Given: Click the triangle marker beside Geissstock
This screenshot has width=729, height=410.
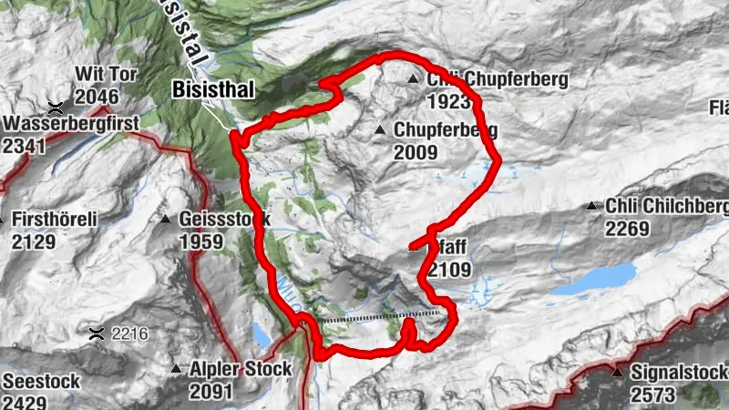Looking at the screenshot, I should point(166,220).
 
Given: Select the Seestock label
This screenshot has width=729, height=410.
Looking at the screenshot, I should point(42,381).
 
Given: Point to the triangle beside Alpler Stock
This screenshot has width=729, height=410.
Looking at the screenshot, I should point(177,370).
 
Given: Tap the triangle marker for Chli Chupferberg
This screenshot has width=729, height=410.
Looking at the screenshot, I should point(414,80).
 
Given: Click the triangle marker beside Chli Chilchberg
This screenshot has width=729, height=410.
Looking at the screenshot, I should point(593,207).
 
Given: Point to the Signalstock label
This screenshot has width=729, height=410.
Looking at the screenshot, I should point(679,373).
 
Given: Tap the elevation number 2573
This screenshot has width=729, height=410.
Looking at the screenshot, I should point(652,395).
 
